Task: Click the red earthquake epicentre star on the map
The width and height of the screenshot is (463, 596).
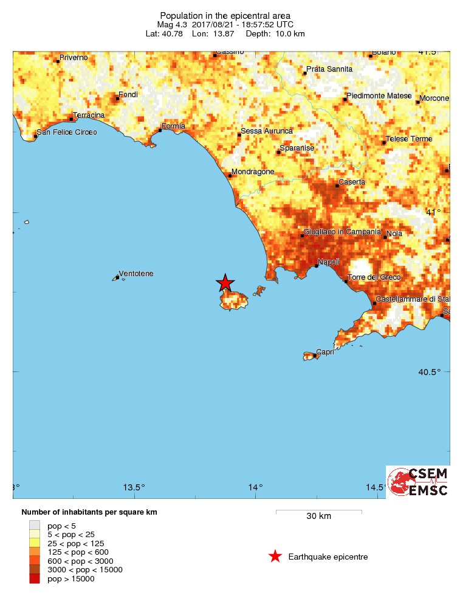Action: [225, 283]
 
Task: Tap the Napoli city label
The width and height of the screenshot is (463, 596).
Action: [328, 262]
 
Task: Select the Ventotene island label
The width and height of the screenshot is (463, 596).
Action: [136, 274]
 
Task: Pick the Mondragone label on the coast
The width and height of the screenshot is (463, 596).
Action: [253, 172]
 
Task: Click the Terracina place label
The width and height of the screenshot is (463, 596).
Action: [89, 115]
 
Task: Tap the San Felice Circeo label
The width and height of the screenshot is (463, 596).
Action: [67, 132]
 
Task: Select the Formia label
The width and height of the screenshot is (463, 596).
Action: [173, 126]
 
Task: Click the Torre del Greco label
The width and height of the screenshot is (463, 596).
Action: [374, 277]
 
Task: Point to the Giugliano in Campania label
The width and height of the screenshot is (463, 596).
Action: [342, 232]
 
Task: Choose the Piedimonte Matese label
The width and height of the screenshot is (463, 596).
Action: [379, 96]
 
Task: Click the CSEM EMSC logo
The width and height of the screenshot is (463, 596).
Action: [418, 482]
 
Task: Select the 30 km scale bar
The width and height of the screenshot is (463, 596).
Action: [319, 512]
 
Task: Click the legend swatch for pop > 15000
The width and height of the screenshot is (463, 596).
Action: [35, 579]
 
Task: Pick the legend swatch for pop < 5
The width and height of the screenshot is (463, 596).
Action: [35, 525]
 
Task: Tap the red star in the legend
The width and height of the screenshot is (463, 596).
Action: [275, 557]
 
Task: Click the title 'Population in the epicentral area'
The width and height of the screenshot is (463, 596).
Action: [225, 15]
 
